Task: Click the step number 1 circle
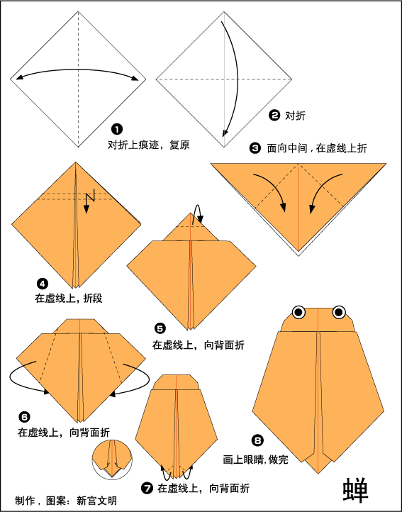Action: click(x=117, y=129)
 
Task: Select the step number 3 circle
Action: click(x=255, y=148)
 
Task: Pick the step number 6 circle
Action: click(x=24, y=417)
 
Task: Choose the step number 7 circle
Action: click(x=147, y=488)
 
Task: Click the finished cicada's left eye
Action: click(x=298, y=311)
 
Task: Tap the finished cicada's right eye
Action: click(x=339, y=311)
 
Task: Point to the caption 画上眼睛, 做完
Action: click(x=254, y=460)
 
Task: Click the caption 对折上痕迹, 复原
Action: click(x=148, y=145)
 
